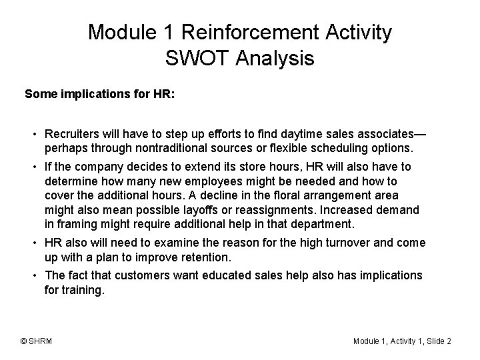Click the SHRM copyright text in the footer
coord(37,341)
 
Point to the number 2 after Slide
coord(449,341)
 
